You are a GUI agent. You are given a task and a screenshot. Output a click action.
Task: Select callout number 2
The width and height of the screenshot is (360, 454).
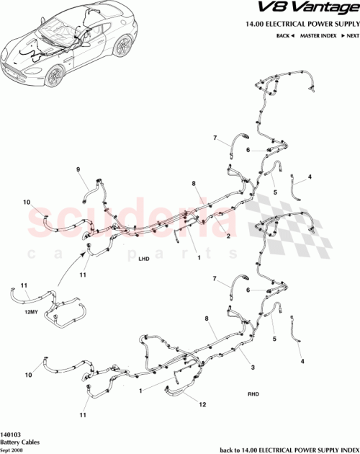[x=228, y=236]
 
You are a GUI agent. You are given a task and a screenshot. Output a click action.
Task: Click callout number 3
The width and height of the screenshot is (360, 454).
[x=252, y=368]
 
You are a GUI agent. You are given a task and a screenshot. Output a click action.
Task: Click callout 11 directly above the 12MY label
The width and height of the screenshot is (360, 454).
[x=23, y=286]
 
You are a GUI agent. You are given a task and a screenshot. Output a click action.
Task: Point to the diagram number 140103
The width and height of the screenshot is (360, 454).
[x=12, y=435]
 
